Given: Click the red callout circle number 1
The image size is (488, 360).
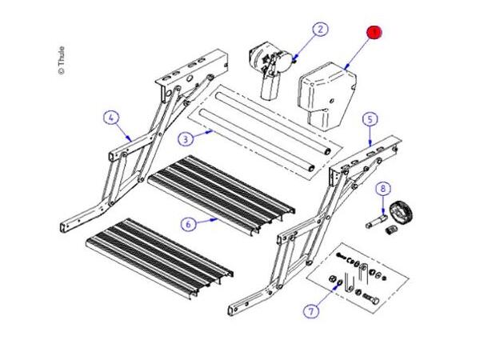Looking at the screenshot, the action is tap(374, 32).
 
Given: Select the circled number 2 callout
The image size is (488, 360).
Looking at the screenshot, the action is tap(320, 30).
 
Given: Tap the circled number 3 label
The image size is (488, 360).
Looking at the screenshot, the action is tap(186, 138).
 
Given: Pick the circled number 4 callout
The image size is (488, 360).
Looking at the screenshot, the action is tap(111, 118).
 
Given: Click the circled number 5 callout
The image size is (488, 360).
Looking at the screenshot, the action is tap(370, 119).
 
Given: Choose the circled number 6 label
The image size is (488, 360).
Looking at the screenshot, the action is tap(188, 224).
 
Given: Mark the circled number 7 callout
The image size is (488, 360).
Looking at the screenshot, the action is tap(311, 310).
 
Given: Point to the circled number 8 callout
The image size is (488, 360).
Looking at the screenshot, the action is tap(383, 189).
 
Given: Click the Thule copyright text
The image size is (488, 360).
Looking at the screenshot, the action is tap(62, 60).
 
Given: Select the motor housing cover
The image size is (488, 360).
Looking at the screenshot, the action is tap(326, 96).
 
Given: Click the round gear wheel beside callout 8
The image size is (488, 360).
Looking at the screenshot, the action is tap(401, 213).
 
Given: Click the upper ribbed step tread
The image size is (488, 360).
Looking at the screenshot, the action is tap(222, 194).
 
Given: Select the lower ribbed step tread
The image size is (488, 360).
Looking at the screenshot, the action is tap(159, 258).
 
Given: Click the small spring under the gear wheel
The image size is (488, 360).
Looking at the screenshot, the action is tap(391, 230).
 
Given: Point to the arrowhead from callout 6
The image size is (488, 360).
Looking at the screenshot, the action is tap(214, 219).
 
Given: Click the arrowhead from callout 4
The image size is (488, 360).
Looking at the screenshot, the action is tap(129, 138).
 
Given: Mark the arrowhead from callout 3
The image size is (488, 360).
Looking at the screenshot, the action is tap(212, 132).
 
